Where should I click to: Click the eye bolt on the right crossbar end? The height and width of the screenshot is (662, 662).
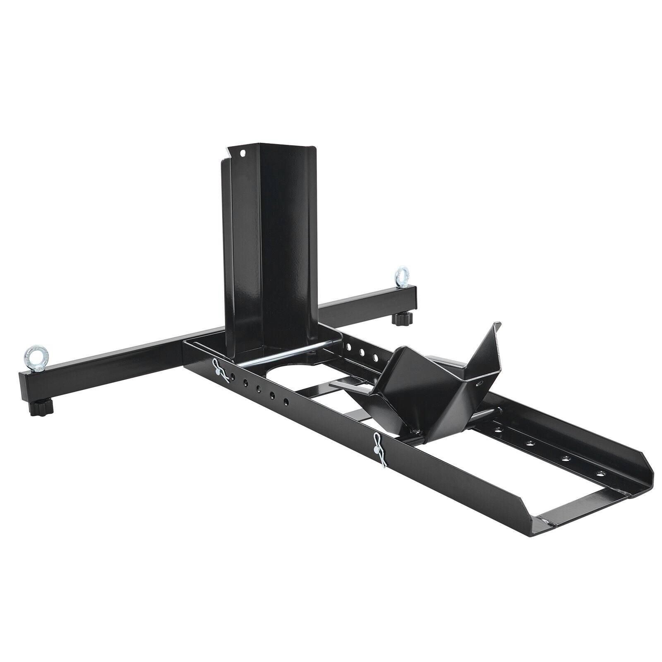(401, 275)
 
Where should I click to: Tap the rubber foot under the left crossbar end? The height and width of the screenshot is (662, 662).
(41, 408)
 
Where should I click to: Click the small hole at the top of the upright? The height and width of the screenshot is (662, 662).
(243, 153)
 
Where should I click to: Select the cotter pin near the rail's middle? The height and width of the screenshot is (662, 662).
(379, 449)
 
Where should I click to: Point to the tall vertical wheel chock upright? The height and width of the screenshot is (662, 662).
(269, 248)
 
